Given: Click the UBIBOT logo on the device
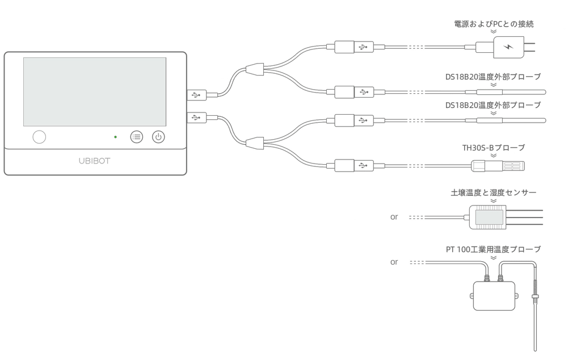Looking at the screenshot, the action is [95, 161].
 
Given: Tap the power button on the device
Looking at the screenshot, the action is [158, 137].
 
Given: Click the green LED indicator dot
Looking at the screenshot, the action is [116, 137].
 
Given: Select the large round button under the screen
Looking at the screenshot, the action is [39, 137].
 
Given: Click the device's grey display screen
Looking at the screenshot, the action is [95, 91].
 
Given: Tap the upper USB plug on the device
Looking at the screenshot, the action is [197, 95].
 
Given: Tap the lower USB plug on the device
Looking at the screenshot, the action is [197, 118].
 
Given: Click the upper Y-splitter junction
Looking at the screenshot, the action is [255, 69].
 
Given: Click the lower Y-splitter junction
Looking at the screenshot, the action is [255, 143].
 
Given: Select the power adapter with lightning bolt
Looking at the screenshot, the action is [509, 47].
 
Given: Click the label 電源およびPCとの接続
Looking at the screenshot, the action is [494, 24].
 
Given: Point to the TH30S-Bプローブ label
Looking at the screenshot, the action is [494, 148].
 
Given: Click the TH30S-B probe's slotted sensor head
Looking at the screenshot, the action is [513, 166].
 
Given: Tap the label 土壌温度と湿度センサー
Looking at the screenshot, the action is [494, 192].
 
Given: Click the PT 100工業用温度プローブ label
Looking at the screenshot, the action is [494, 249].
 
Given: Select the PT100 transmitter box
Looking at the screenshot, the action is [494, 296].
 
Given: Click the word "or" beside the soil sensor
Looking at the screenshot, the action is [394, 217].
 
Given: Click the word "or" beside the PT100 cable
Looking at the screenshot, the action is [394, 262].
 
